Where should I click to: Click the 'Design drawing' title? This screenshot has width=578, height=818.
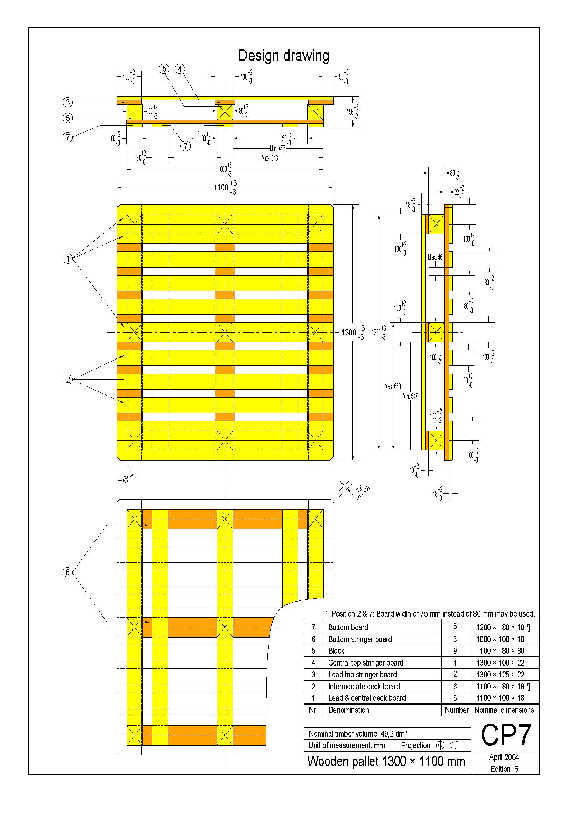[x=284, y=56]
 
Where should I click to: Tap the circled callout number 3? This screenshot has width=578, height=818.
[x=68, y=102]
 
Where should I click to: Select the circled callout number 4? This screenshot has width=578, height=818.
[x=180, y=69]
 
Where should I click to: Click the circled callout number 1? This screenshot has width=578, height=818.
[x=68, y=258]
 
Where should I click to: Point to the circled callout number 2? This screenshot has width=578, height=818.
[x=68, y=379]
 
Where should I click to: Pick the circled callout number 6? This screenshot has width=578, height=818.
[x=68, y=572]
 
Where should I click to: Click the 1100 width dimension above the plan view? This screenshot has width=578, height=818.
[x=225, y=187]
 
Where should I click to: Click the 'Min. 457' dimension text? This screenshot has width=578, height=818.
[x=277, y=149]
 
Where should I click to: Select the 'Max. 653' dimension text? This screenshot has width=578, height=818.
[x=392, y=386]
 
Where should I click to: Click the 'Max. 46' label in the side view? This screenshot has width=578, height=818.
[x=435, y=257]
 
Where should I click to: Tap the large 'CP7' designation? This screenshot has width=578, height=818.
[x=506, y=735]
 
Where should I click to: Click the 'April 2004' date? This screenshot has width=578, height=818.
[x=504, y=757]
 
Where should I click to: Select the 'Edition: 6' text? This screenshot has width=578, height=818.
[x=504, y=769]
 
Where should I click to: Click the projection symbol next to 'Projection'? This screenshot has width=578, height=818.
[x=448, y=745]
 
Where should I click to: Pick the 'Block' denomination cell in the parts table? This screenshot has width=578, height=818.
[x=336, y=651]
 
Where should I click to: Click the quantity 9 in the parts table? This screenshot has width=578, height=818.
[x=455, y=651]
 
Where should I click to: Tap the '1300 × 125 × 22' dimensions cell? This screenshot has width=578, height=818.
[x=500, y=674]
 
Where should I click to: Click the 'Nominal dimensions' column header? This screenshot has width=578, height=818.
[x=504, y=710]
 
